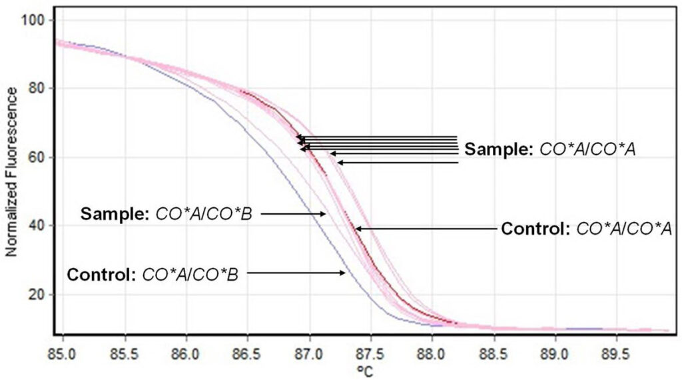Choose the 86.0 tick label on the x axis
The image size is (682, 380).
[186, 349]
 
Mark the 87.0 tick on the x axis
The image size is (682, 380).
[309, 349]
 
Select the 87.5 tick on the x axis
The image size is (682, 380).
[370, 349]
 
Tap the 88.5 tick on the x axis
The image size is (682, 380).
[494, 349]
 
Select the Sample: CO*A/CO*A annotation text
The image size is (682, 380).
[550, 149]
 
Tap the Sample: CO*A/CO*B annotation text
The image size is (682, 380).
[170, 214]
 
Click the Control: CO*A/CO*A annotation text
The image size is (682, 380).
[586, 229]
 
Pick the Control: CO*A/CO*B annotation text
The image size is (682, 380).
[153, 273]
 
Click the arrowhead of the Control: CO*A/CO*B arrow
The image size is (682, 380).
[344, 272]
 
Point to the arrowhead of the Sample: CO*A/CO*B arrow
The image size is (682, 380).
[324, 213]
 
